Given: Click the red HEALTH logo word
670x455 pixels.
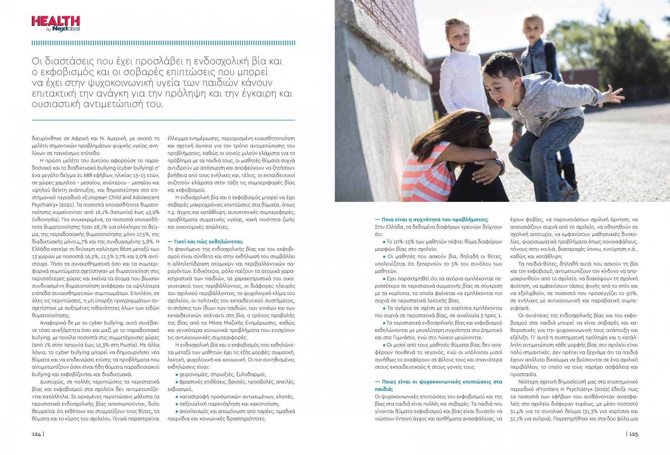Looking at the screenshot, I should pos(56,21).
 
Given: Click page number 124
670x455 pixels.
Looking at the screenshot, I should pos(36,434).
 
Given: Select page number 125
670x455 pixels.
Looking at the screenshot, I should pos(634,434).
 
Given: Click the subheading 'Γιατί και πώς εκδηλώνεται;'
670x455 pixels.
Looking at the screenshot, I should pos(205,241).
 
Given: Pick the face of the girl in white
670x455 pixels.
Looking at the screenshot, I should pos(458,36).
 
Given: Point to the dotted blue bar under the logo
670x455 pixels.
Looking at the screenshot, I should pos(163,43).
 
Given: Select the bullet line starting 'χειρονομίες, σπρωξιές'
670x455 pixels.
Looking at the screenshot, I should pos(222,374).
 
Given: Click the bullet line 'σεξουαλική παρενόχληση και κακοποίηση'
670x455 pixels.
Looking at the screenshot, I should pos(229,404).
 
